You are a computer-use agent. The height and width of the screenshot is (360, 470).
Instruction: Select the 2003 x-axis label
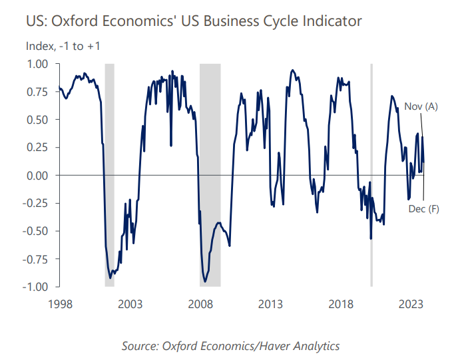click(x=130, y=304)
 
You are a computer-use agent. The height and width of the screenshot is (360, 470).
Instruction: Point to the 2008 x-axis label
click(x=200, y=304)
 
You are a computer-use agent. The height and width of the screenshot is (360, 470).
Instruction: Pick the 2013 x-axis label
click(x=271, y=304)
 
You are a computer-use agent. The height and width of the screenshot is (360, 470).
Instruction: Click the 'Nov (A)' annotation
click(x=421, y=106)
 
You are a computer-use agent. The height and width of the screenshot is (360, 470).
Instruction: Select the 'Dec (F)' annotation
click(x=424, y=208)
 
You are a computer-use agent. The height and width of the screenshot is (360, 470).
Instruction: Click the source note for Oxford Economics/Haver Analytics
click(x=231, y=346)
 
